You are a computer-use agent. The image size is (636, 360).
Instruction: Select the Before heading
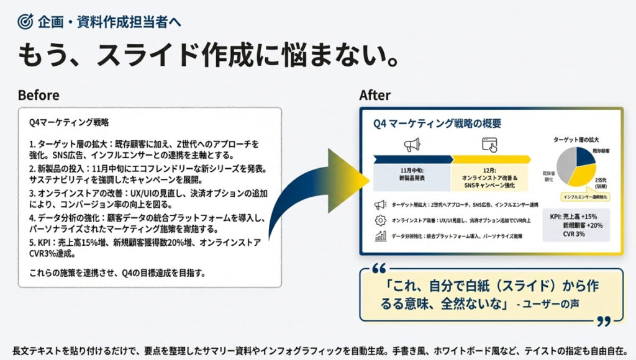click(x=39, y=95)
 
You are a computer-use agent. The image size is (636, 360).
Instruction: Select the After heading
click(x=375, y=95)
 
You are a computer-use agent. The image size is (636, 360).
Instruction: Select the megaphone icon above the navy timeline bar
click(x=412, y=145)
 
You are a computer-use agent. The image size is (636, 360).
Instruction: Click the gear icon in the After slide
click(x=380, y=220)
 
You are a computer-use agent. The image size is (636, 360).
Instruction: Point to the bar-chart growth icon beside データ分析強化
click(x=380, y=236)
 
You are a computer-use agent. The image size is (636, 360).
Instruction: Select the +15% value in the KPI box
click(x=589, y=216)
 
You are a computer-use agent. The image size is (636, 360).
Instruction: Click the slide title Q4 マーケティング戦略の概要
click(x=437, y=124)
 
